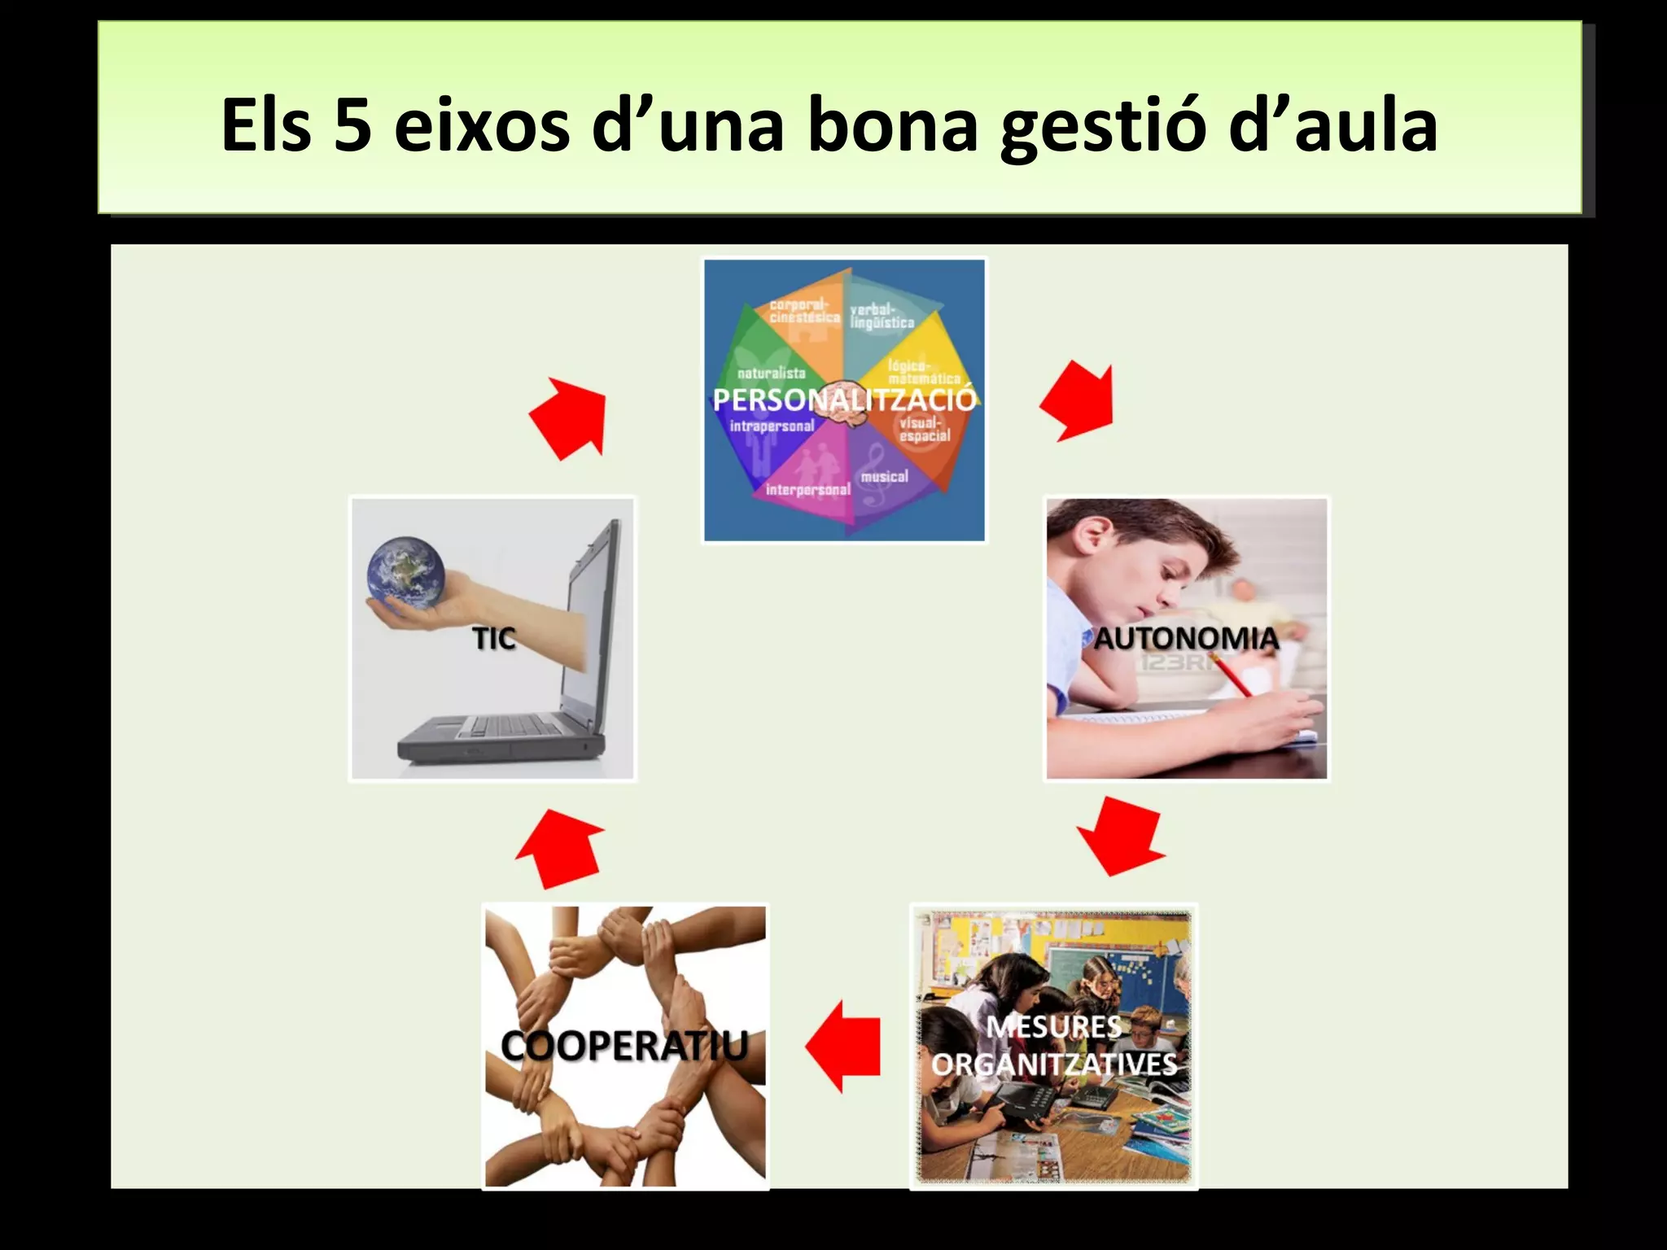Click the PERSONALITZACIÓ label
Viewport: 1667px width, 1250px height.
844,400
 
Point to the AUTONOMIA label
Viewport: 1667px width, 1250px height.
1186,638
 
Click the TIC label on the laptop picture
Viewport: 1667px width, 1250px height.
494,639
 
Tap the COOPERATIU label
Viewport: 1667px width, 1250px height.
624,1045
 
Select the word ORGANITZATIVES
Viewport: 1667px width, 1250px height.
1054,1064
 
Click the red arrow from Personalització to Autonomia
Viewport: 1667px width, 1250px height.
1079,401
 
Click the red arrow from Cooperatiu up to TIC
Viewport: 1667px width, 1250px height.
560,848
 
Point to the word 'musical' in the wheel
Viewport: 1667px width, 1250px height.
884,476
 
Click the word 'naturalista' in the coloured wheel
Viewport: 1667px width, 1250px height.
771,374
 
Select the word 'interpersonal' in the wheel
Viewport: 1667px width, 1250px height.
807,490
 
